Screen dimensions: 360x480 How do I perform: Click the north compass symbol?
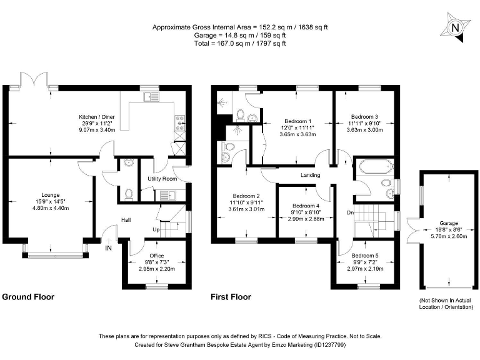[x=455, y=27]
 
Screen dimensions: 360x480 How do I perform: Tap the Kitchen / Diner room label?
[x=96, y=116]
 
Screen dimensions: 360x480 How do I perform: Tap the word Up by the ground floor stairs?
[x=156, y=230]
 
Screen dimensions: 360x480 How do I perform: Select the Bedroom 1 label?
[x=297, y=121]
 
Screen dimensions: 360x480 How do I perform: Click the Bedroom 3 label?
[x=364, y=117]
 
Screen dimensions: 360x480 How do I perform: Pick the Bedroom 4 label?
[x=306, y=206]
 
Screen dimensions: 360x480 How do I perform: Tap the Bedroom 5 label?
[x=364, y=255]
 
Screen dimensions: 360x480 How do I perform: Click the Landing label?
[x=310, y=176]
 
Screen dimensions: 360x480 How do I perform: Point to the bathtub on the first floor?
[x=373, y=168]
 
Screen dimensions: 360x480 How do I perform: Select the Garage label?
[x=448, y=223]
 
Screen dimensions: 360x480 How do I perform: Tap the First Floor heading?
[x=231, y=297]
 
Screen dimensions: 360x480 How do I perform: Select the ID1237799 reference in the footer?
[x=324, y=344]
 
